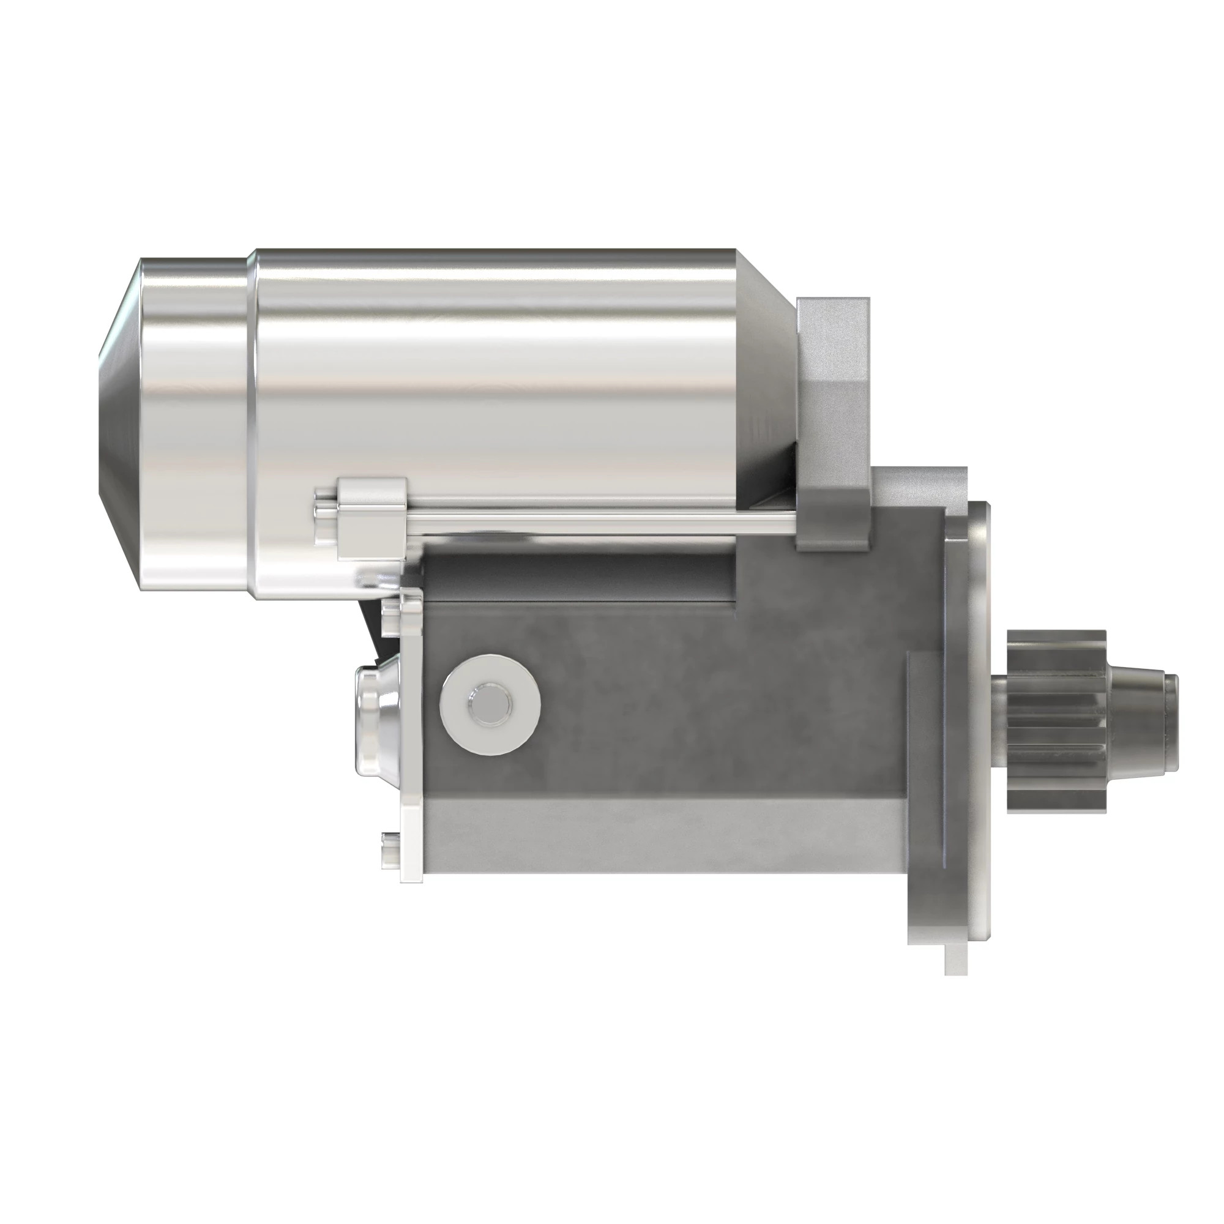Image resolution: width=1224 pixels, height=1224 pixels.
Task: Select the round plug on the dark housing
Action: click(x=490, y=703)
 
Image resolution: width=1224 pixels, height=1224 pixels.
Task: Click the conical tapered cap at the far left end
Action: click(x=120, y=425)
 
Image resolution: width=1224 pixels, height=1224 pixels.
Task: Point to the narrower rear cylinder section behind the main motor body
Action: click(x=193, y=425)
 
